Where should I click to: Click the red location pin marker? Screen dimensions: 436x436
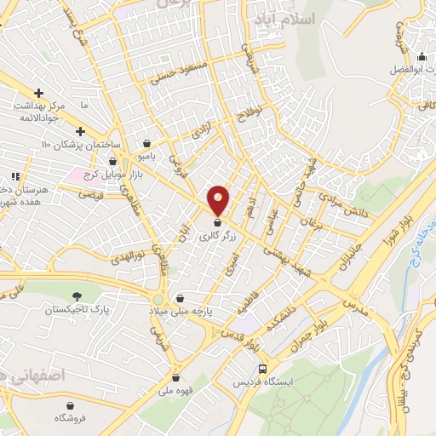219,200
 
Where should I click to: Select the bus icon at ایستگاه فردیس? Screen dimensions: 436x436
262,370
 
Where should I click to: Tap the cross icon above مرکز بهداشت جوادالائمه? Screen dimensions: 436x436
38,93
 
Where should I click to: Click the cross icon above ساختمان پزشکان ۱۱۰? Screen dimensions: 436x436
80,131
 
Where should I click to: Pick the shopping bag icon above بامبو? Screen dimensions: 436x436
150,143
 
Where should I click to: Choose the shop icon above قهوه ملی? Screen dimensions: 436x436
175,377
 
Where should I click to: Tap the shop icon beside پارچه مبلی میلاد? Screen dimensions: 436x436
181,299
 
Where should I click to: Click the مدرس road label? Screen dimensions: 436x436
354,301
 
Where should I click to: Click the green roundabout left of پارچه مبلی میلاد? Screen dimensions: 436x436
158,300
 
